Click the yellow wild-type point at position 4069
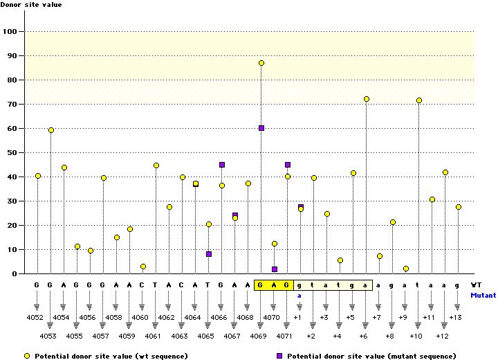[x=261, y=63]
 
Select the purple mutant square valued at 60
[x=261, y=128]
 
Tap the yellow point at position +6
[x=367, y=100]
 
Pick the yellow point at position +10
[x=419, y=100]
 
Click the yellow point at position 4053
[x=51, y=130]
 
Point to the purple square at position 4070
[x=275, y=269]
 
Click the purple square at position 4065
[x=209, y=254]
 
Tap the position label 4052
[x=37, y=317]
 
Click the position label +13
[x=456, y=317]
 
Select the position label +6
[x=364, y=336]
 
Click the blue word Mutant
[x=483, y=295]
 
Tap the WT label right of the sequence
[x=476, y=285]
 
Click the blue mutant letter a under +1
[x=300, y=295]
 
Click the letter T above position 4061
[x=156, y=285]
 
